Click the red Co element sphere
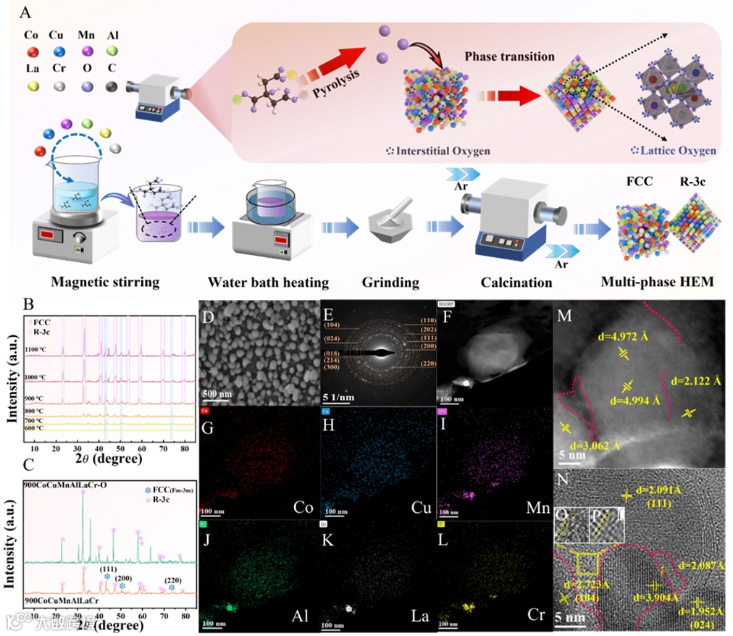(32, 52)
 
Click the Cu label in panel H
(421, 506)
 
